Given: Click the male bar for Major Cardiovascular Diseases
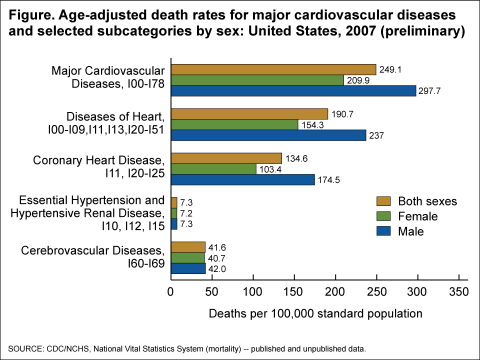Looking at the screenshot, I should coord(293,90).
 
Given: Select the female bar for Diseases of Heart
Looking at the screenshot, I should coord(234,124).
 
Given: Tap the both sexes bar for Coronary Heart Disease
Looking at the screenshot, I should coord(226,158).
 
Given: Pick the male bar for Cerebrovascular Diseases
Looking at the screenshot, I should coord(188,268).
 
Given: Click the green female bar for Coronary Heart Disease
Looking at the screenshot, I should coord(213,169).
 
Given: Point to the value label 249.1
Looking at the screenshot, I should coord(391,70).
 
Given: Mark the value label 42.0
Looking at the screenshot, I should coord(215,269).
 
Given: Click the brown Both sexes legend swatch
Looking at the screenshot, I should coord(382,201).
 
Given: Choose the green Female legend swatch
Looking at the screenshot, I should coord(382,216).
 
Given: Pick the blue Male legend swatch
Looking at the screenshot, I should coord(382,231).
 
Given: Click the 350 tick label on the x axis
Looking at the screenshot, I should coord(458,291).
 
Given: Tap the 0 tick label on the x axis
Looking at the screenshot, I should coord(171,291).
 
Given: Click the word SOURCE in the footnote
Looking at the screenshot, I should coord(22,348).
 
